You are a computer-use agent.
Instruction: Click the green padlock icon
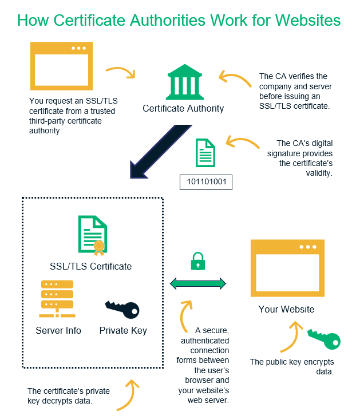coord(197,261)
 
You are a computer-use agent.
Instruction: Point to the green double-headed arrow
coord(197,283)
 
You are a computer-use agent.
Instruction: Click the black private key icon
coord(122,309)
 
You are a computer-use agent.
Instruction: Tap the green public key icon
coord(324,339)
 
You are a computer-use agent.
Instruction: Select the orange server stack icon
coord(57,298)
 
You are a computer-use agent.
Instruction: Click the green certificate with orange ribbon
coord(92,234)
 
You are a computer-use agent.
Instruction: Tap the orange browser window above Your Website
coord(287,267)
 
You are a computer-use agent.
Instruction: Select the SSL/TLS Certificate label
coord(91,266)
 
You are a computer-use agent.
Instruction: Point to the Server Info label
coord(58,330)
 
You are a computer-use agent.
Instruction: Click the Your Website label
coord(286,309)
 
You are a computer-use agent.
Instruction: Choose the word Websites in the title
coord(308,21)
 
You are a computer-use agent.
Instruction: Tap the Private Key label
coord(123,330)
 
